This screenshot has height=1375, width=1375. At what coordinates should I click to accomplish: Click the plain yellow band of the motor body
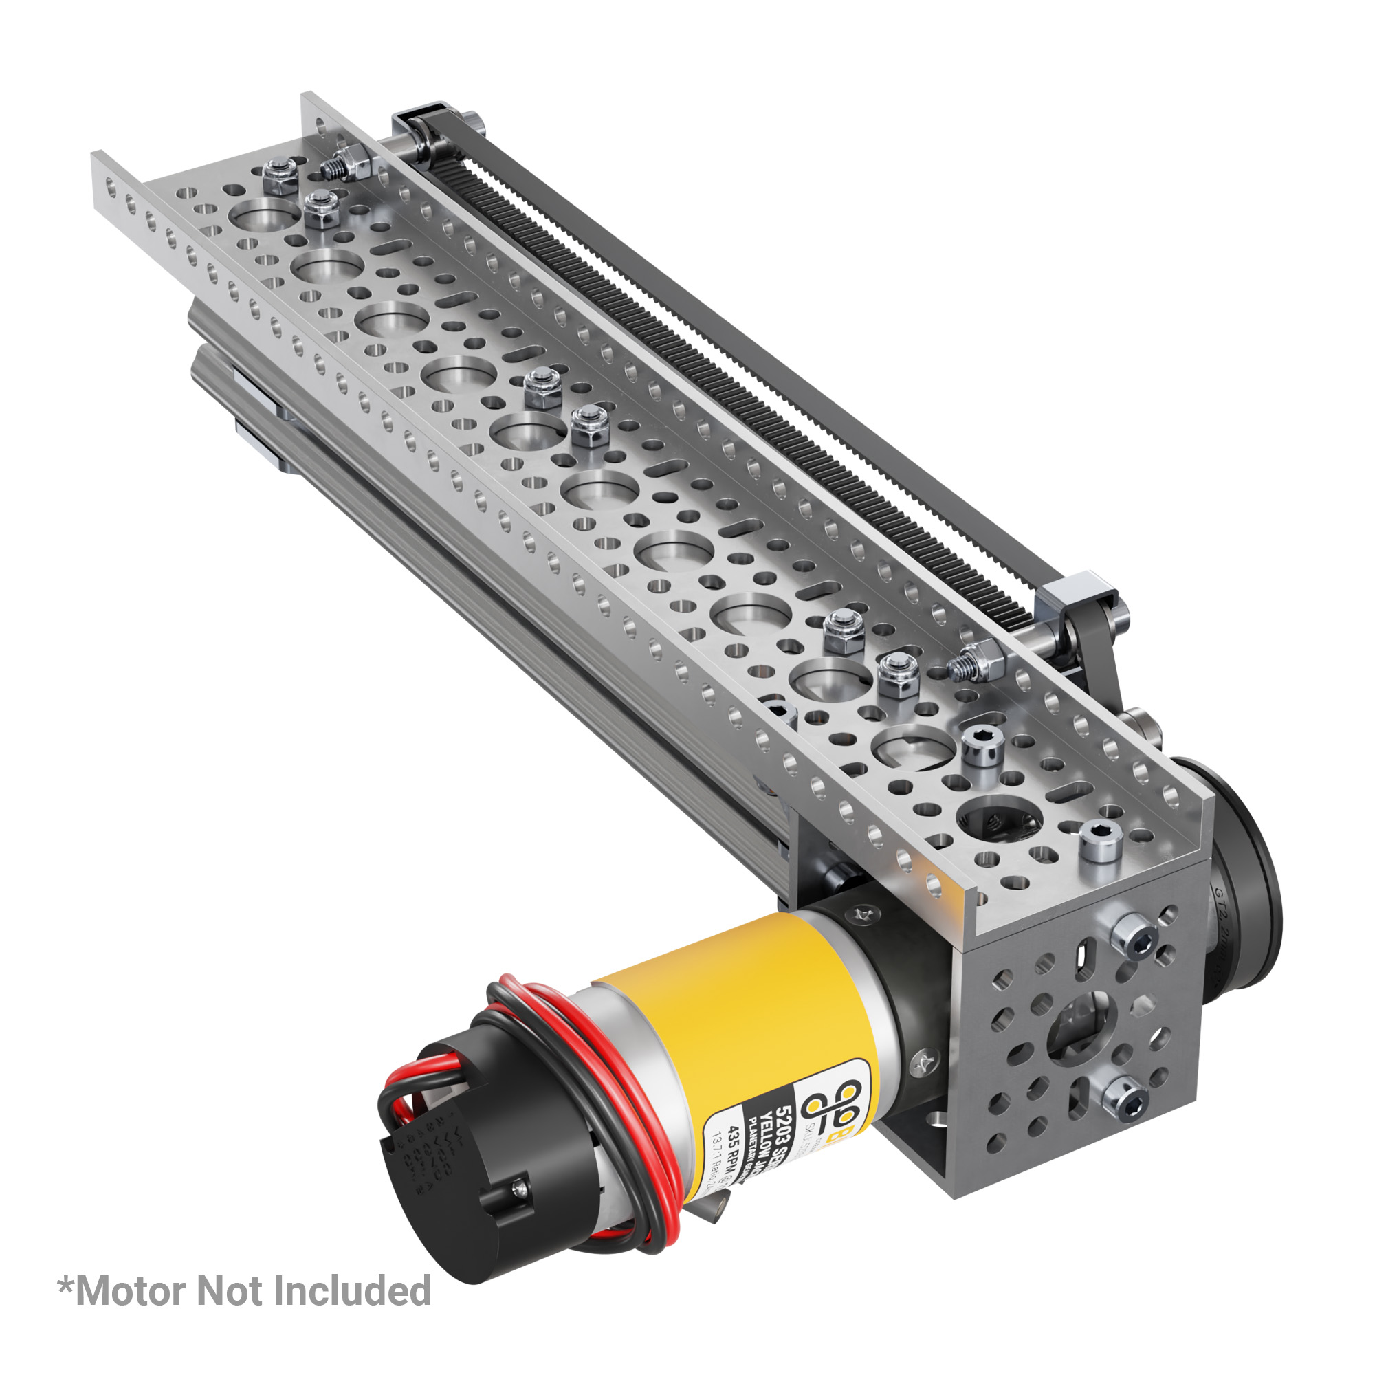tap(740, 1011)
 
